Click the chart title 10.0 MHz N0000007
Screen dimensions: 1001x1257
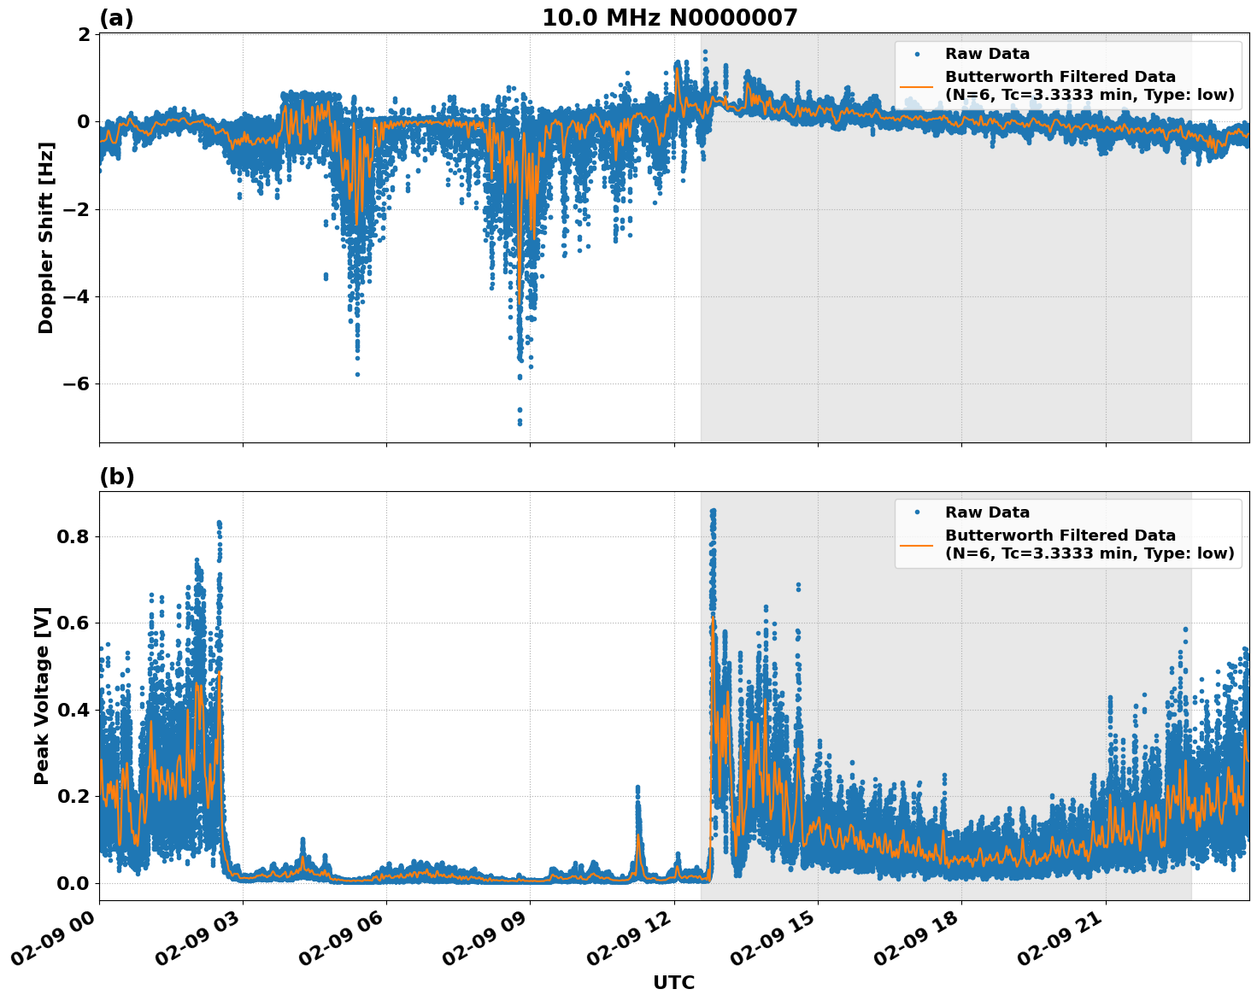pos(669,18)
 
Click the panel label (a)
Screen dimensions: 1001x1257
pos(116,18)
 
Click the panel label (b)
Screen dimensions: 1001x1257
pos(116,477)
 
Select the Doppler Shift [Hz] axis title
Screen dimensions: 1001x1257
pos(46,238)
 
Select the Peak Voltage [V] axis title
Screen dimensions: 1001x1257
pos(42,695)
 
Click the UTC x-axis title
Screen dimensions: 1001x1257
pos(673,982)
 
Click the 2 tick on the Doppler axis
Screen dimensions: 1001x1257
pos(84,35)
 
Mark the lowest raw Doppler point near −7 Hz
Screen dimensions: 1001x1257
pos(520,423)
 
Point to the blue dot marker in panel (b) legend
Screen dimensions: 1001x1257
pos(917,512)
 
